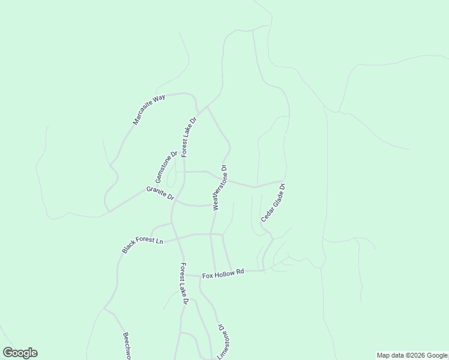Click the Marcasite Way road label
(149, 109)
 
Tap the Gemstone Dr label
(166, 167)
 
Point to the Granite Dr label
(160, 193)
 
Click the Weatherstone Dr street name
(220, 187)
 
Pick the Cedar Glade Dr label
(273, 203)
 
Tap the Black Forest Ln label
(143, 245)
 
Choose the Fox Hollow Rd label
(223, 274)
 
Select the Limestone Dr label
(223, 341)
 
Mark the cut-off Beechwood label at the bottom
(127, 346)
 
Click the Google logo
(20, 353)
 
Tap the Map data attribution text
(411, 355)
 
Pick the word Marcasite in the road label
(143, 114)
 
